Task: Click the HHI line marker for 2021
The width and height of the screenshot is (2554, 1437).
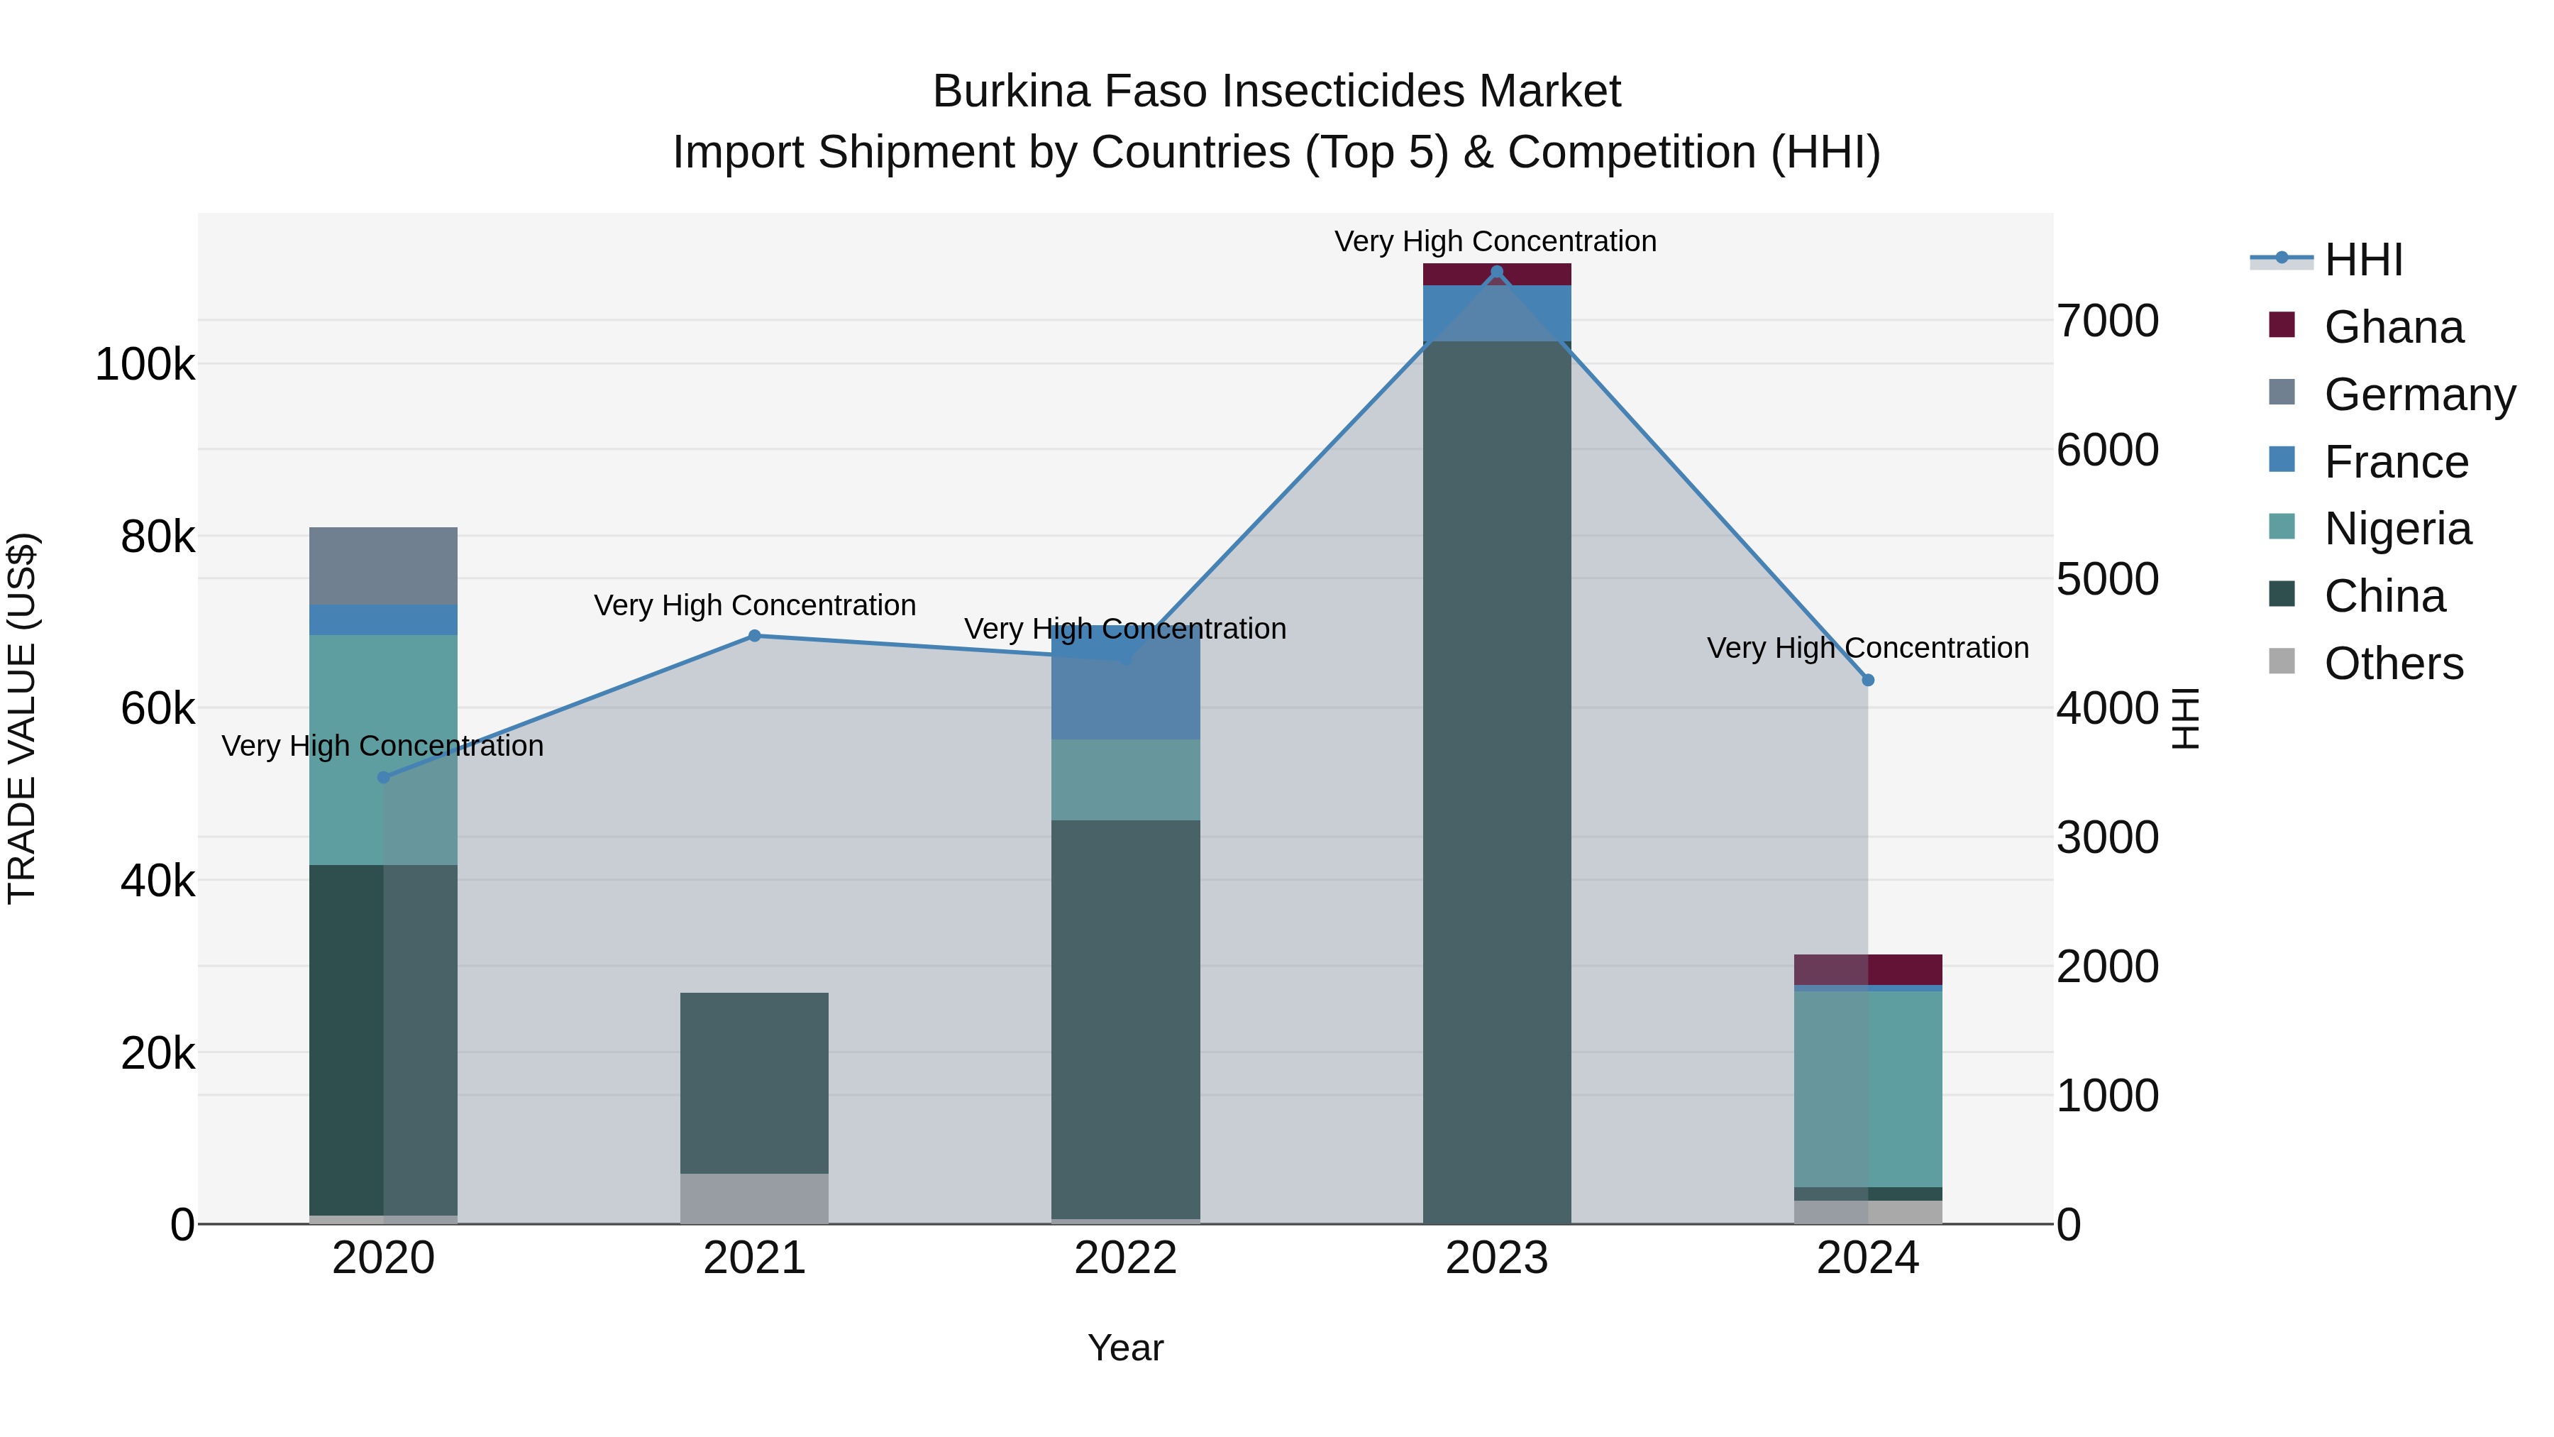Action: [x=755, y=636]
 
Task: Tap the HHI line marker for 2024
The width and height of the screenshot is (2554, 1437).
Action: [x=1868, y=681]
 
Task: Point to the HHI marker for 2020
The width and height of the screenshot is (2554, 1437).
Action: [x=384, y=778]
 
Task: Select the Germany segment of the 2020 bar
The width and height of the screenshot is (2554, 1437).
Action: [x=384, y=566]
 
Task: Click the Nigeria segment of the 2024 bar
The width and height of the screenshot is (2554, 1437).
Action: [x=1868, y=1088]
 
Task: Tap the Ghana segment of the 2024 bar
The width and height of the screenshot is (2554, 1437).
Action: [x=1868, y=969]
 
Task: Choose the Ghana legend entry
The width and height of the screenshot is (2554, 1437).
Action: [x=2392, y=327]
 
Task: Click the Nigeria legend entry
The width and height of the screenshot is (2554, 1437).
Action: [x=2397, y=529]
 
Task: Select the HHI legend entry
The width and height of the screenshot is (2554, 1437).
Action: [x=2362, y=260]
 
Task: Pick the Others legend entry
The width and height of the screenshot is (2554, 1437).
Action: [x=2392, y=664]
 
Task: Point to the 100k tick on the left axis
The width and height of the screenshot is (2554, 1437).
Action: [x=145, y=365]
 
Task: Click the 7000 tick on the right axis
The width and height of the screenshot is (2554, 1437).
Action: [x=2107, y=321]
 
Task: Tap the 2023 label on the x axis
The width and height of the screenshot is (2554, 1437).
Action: [x=1496, y=1258]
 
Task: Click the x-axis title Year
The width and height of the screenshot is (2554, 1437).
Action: [x=1125, y=1348]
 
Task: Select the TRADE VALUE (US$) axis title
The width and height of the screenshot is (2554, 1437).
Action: [x=23, y=718]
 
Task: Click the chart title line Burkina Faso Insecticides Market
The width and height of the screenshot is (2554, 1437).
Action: [x=1276, y=92]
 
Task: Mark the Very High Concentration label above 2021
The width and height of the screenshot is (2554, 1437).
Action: [x=755, y=605]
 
